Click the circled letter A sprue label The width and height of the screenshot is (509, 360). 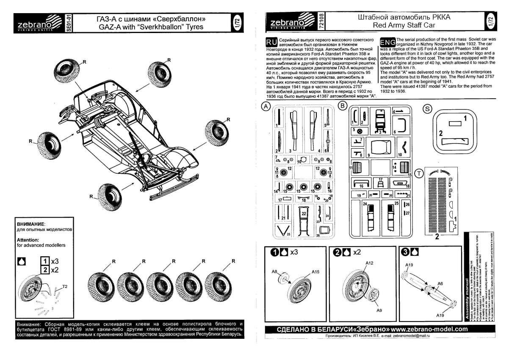(266, 107)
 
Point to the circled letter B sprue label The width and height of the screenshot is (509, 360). (343, 106)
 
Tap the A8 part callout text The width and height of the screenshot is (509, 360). (274, 271)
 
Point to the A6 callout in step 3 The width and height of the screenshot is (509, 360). (440, 284)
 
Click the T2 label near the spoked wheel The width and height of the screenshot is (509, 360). (65, 287)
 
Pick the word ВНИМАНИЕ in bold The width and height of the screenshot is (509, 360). (30, 223)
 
